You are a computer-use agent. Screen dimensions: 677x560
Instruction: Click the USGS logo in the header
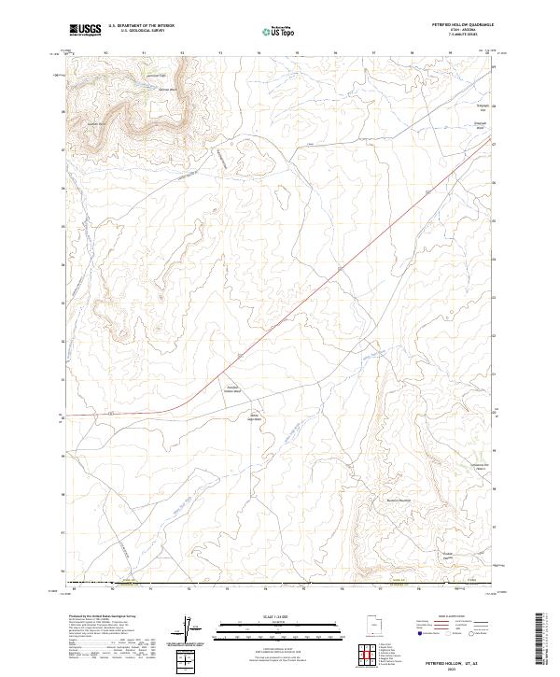[x=85, y=30]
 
